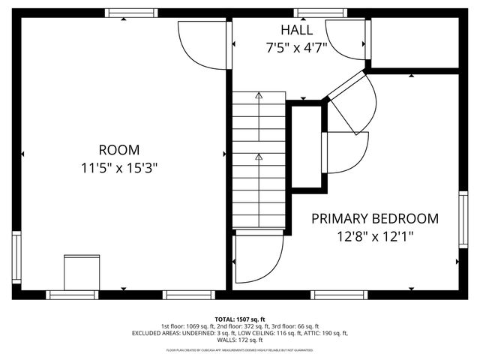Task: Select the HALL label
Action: [298, 30]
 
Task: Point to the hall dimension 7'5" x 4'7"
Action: [298, 48]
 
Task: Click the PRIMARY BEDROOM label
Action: [374, 219]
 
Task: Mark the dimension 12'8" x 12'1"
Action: [374, 237]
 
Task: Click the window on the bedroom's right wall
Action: [463, 219]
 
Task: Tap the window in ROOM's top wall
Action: [126, 13]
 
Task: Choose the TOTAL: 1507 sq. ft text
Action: [240, 319]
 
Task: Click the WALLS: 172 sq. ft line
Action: [240, 340]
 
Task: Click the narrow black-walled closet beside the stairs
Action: [305, 148]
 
